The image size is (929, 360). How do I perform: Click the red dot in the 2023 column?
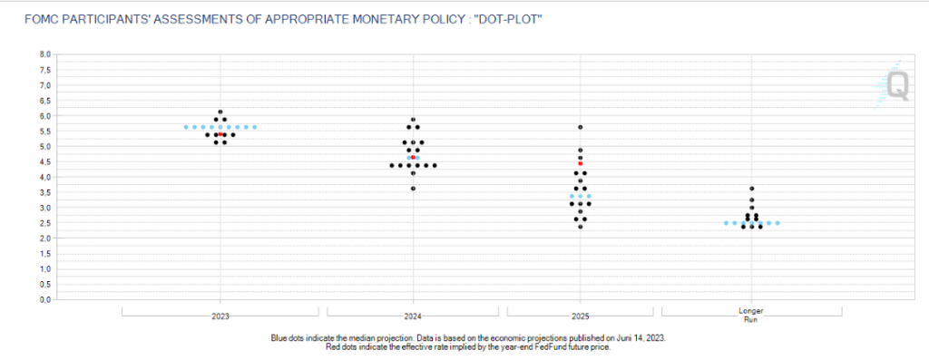pyautogui.click(x=220, y=134)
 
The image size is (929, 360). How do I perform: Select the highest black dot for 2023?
pyautogui.click(x=220, y=112)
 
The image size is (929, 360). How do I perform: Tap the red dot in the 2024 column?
pyautogui.click(x=413, y=157)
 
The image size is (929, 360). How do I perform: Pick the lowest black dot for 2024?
pyautogui.click(x=413, y=188)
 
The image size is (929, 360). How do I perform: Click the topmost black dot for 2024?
pyautogui.click(x=413, y=119)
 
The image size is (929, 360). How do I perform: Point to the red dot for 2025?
pyautogui.click(x=580, y=163)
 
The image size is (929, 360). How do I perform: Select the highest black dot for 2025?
pyautogui.click(x=580, y=127)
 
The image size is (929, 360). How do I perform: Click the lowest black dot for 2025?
pyautogui.click(x=580, y=226)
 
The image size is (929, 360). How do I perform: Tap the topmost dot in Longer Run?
pyautogui.click(x=751, y=188)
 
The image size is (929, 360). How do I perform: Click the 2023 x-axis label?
pyautogui.click(x=220, y=316)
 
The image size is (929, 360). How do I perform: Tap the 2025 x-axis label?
pyautogui.click(x=580, y=316)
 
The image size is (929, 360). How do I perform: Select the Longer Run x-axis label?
pyautogui.click(x=751, y=316)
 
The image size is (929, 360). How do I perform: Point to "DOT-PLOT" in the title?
pyautogui.click(x=509, y=17)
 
